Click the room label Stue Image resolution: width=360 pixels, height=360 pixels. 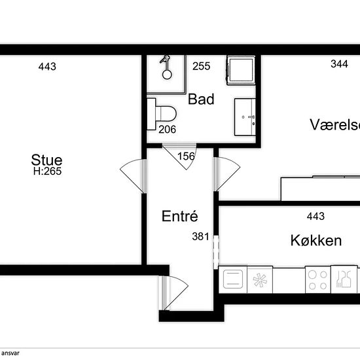tap(46, 160)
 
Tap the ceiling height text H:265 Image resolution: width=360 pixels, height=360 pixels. tap(48, 171)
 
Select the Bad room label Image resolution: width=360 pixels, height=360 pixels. tap(201, 99)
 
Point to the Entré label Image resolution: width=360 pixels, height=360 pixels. tap(180, 216)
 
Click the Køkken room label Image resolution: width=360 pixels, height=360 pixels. tap(316, 241)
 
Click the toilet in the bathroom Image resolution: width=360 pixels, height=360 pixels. tap(162, 114)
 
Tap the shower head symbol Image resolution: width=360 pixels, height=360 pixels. tap(166, 67)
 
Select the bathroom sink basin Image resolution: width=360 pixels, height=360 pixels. tap(245, 117)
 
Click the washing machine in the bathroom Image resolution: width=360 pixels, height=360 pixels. tap(241, 70)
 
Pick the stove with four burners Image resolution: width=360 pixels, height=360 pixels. tap(317, 280)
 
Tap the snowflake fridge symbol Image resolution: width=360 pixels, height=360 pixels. tap(260, 280)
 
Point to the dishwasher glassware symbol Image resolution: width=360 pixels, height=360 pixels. tap(344, 279)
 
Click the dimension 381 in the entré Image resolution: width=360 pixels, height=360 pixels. tap(201, 237)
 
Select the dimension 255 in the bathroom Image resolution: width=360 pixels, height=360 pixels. tap(202, 66)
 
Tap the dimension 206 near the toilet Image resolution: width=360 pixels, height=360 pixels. tap(168, 130)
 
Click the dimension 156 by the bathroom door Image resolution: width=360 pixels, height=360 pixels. tap(186, 156)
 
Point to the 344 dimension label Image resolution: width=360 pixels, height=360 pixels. tap(339, 64)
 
